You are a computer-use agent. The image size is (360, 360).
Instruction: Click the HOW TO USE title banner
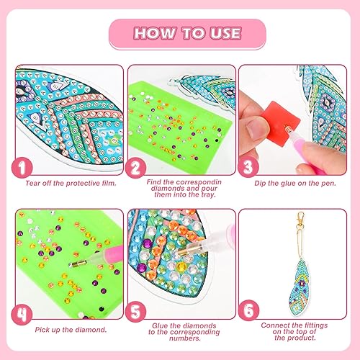[187, 34]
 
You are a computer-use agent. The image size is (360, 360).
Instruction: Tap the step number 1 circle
[22, 168]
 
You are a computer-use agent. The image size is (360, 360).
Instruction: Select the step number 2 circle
[135, 168]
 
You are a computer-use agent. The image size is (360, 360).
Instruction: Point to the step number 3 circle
[248, 167]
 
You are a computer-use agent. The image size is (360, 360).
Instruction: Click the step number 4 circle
[22, 314]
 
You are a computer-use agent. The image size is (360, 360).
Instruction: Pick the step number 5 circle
[135, 312]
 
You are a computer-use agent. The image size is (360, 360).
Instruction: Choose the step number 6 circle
[248, 310]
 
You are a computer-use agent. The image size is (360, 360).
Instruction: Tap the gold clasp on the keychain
[300, 220]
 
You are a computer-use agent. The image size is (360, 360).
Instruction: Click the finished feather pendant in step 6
[299, 289]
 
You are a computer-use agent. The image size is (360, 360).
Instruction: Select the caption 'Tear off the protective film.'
[71, 184]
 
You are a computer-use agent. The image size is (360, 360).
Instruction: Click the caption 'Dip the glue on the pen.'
[295, 184]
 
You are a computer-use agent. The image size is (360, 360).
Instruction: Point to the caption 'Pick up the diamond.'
[71, 330]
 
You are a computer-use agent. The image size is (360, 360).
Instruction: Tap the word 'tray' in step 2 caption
[207, 194]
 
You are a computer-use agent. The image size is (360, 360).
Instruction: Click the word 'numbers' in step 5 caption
[184, 338]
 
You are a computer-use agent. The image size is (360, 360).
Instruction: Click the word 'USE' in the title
[225, 33]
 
